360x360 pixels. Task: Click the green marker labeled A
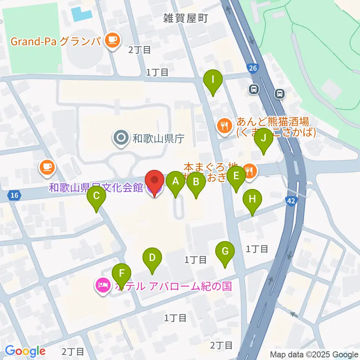175,182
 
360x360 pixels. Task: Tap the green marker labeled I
213,80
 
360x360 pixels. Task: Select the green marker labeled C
96,196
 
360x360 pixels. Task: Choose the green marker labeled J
264,138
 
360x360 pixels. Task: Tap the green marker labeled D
152,258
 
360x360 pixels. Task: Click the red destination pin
154,180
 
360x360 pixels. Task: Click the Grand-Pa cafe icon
112,40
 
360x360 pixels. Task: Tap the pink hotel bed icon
103,286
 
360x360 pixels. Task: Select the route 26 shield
252,68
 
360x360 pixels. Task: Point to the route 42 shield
292,201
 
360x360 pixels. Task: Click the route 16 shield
14,195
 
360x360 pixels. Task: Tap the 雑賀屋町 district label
185,18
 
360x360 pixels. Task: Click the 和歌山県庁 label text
159,139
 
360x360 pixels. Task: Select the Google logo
25,351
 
